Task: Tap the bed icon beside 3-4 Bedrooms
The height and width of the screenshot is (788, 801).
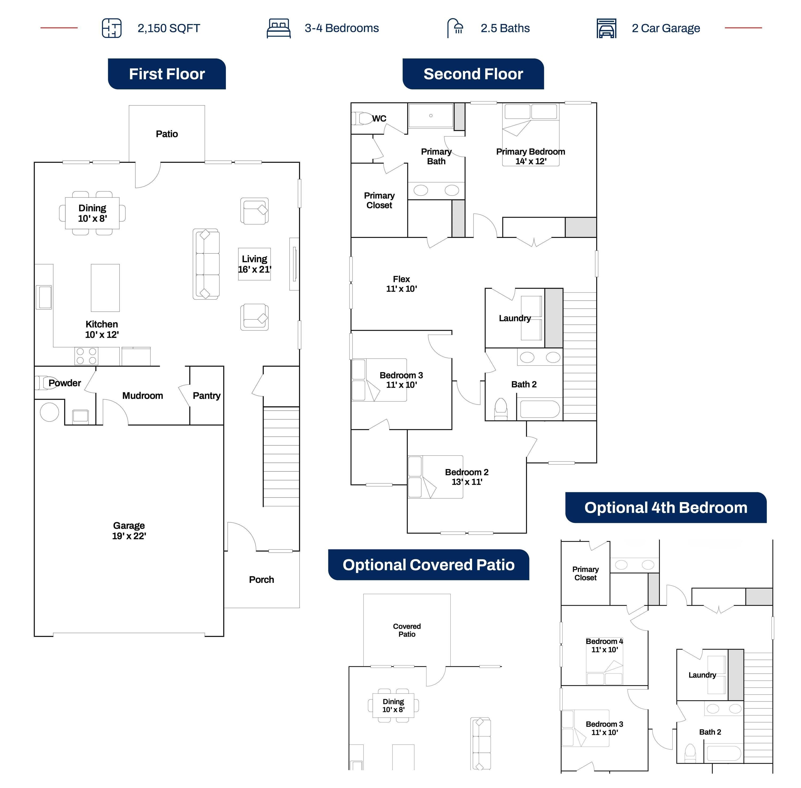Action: [x=278, y=28]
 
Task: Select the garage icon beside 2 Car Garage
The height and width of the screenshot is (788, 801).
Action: [x=606, y=28]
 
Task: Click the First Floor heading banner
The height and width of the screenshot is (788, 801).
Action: [x=167, y=74]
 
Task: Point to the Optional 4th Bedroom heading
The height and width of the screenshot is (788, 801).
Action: [x=666, y=507]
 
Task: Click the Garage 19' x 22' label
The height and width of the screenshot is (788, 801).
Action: [x=129, y=531]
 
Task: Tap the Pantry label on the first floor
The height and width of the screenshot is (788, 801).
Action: [x=207, y=396]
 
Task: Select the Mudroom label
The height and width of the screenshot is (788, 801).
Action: [x=142, y=396]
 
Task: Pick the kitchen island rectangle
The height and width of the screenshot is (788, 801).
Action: [x=105, y=288]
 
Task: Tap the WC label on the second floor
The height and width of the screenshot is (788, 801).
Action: [x=379, y=118]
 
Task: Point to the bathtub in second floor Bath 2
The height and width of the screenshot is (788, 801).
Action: [x=540, y=409]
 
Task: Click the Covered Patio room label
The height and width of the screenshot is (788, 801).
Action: [x=407, y=630]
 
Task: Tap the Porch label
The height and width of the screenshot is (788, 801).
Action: [x=261, y=580]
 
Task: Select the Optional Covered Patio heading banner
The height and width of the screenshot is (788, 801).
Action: [x=429, y=565]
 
